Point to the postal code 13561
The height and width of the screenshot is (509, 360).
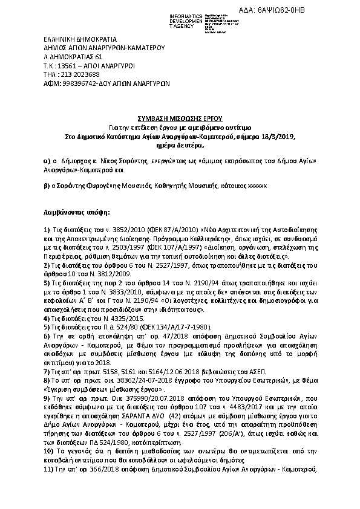pyautogui.click(x=64, y=65)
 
